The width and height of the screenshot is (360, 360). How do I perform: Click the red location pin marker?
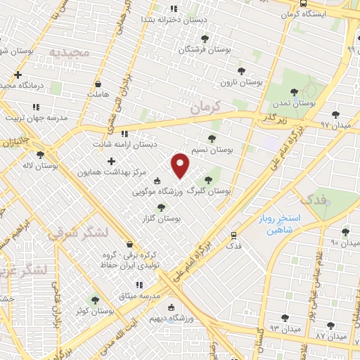pos(181,165)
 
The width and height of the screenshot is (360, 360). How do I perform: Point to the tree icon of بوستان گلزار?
pos(162,207)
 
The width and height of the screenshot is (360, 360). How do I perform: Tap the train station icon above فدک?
pos(233,235)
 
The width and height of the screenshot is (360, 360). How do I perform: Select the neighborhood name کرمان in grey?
pos(206,106)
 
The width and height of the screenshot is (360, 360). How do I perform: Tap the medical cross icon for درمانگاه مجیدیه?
pos(18,75)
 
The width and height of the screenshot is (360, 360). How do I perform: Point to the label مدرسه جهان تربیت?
pos(37,117)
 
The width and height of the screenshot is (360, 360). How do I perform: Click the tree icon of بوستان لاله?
pos(40,155)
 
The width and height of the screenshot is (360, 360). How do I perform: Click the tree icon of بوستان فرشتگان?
pos(205,39)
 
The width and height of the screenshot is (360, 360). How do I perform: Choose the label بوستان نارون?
pos(241,82)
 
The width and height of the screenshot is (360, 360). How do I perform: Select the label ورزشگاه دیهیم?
pos(171,319)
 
